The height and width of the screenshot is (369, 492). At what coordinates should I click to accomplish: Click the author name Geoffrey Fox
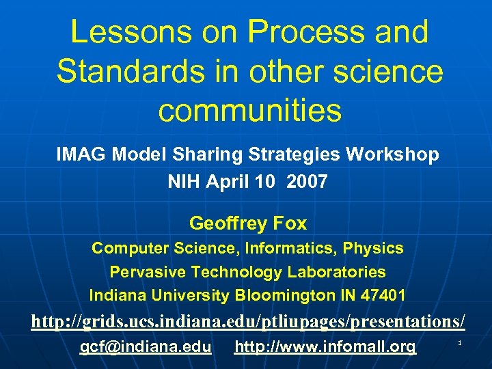pyautogui.click(x=248, y=223)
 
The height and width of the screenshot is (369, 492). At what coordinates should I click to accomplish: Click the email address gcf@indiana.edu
pyautogui.click(x=146, y=347)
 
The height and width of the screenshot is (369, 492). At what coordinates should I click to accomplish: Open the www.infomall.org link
pyautogui.click(x=325, y=347)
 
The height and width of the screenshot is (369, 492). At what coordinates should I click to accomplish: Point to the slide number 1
pyautogui.click(x=461, y=342)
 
